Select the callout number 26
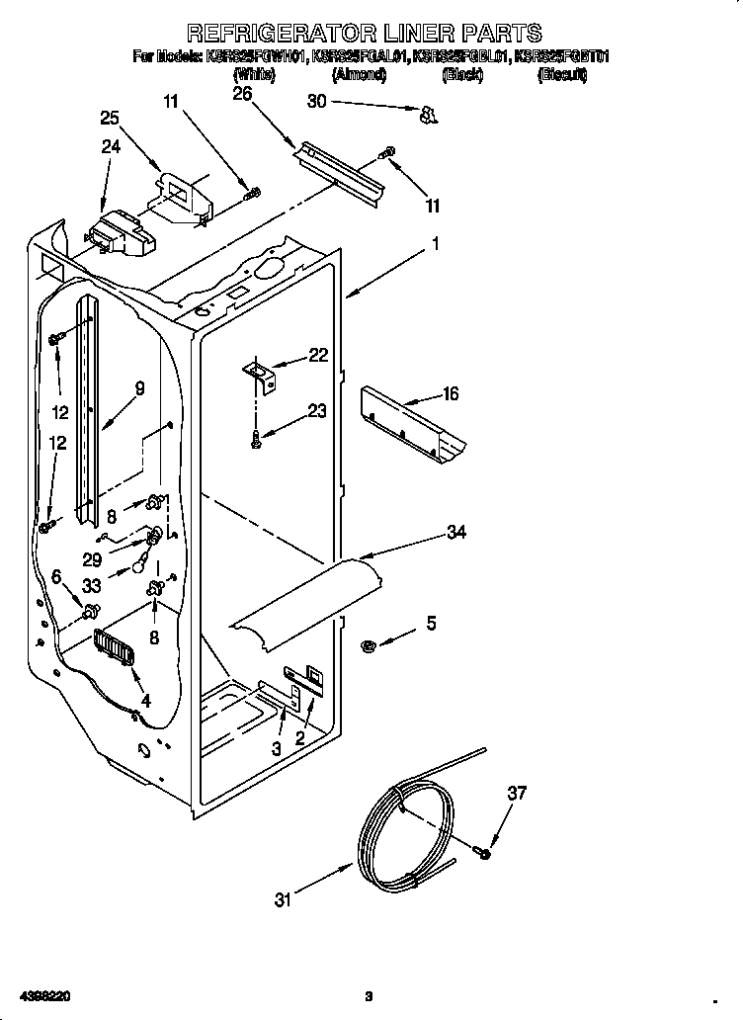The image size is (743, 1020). tap(242, 93)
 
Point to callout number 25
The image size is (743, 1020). tap(111, 118)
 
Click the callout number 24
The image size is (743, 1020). tap(111, 146)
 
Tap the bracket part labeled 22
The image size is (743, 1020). tap(263, 373)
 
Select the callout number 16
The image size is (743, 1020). tap(451, 394)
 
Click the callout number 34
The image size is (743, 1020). tap(455, 533)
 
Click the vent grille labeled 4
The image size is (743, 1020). tap(117, 651)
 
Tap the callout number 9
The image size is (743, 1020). tap(139, 388)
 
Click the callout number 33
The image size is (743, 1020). tap(92, 584)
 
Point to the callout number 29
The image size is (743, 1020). tap(92, 558)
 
